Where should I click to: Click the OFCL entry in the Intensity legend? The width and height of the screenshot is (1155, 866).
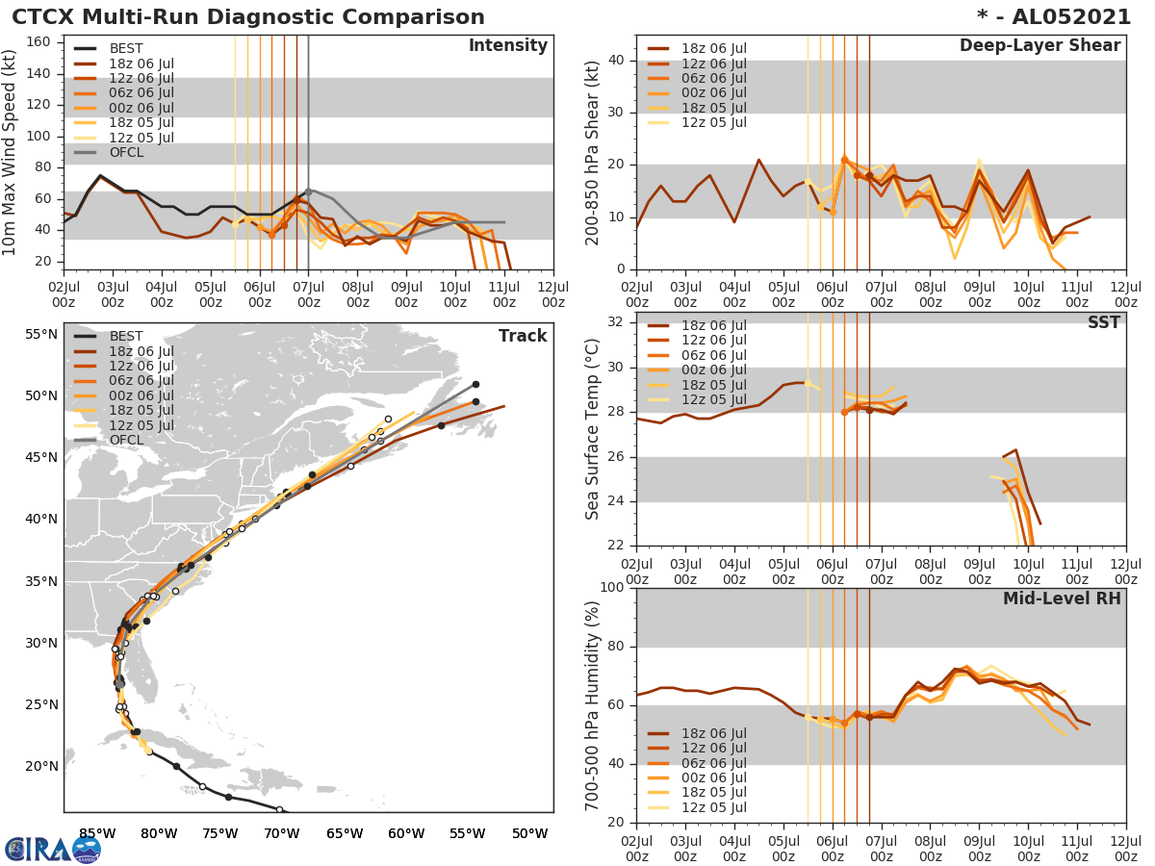click(x=125, y=152)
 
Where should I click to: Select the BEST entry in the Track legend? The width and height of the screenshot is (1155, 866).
click(x=125, y=336)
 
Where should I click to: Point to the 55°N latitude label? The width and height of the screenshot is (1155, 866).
click(x=41, y=334)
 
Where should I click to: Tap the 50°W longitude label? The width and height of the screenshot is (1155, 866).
click(x=530, y=832)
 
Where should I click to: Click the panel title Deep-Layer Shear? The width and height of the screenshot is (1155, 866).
click(x=1039, y=46)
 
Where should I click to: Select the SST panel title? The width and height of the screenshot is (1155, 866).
click(x=1104, y=322)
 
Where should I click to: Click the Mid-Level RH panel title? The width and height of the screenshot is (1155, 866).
click(x=1062, y=599)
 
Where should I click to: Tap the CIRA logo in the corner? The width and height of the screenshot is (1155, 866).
click(x=53, y=849)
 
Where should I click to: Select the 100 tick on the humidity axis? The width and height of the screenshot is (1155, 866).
click(x=613, y=588)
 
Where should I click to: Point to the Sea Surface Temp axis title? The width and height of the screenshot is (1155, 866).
click(x=592, y=429)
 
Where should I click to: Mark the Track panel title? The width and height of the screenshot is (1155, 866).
click(x=523, y=336)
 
